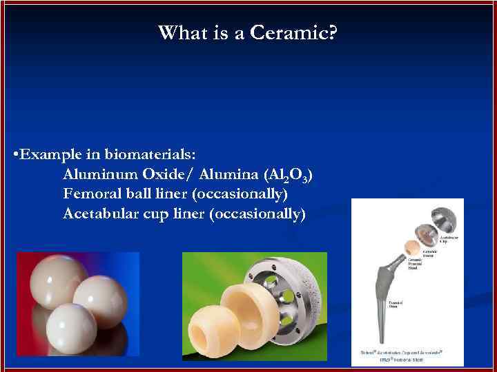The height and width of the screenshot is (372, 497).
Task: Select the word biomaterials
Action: pos(146,154)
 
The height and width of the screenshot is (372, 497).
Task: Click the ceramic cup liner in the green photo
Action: pos(246,313)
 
